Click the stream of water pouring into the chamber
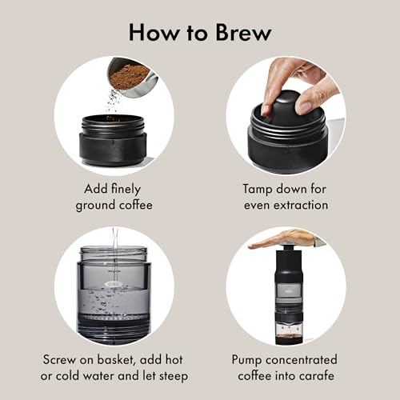coord(115,256)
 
